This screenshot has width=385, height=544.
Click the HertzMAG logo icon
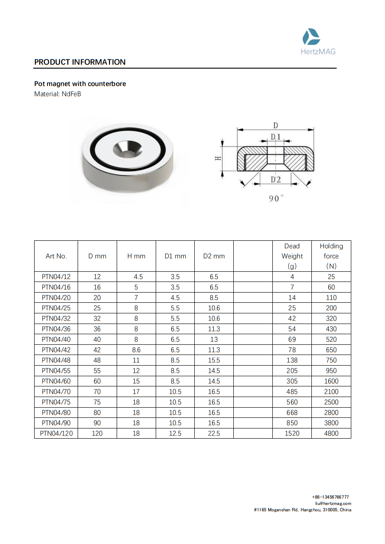[311, 36]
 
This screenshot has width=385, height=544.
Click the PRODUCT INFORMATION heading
[80, 62]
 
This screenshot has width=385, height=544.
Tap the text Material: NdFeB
[58, 94]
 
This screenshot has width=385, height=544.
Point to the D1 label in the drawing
[275, 137]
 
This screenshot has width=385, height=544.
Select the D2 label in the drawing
[275, 179]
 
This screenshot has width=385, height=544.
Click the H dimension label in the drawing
[218, 158]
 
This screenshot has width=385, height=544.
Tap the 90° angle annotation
[276, 199]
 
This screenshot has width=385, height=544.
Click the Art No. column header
[56, 256]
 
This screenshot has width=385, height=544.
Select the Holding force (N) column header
[331, 256]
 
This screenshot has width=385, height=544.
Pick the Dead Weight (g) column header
[292, 256]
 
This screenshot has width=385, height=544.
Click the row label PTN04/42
[56, 350]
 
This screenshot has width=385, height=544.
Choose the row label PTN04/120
[56, 433]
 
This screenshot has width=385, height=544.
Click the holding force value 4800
[331, 433]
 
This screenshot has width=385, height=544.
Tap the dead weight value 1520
[292, 433]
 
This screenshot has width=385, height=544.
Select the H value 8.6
[136, 350]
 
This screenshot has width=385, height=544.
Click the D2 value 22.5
[214, 433]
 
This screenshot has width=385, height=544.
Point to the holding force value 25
[331, 277]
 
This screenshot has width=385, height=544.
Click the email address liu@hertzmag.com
[333, 503]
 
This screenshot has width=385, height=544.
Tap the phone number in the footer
[330, 497]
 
